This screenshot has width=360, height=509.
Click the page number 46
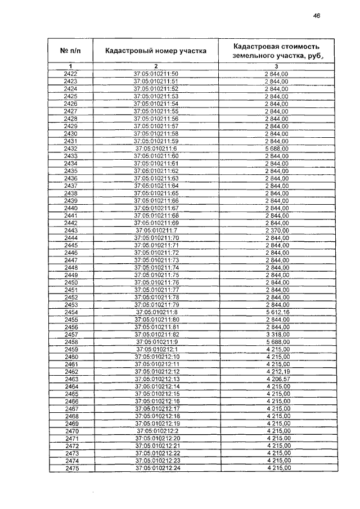point(316,16)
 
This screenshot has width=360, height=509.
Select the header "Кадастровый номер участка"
point(156,51)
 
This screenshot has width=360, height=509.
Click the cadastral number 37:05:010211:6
point(156,148)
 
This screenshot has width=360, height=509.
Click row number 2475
point(71,468)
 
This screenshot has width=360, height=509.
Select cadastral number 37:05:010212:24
point(156,468)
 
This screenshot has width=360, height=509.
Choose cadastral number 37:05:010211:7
point(156,230)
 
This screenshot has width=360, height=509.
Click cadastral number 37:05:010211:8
point(156,312)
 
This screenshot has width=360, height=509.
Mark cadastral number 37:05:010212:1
point(156,349)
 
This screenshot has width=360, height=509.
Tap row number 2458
point(71,341)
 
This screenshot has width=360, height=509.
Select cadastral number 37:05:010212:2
point(156,431)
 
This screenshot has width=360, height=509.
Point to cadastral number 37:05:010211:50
point(156,74)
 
